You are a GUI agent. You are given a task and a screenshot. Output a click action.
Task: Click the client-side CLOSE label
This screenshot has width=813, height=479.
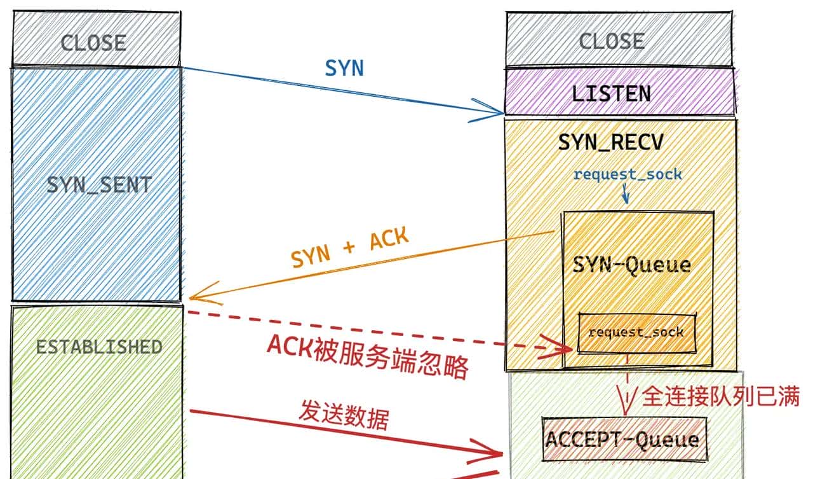click(x=93, y=43)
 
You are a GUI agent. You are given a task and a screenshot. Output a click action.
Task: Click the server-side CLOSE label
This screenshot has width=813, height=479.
click(x=611, y=42)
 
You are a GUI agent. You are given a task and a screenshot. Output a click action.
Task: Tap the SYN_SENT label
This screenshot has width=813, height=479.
click(x=99, y=186)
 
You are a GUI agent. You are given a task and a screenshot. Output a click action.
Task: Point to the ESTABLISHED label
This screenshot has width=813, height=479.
click(x=98, y=347)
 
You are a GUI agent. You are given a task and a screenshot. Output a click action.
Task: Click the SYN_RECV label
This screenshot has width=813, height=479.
click(x=610, y=143)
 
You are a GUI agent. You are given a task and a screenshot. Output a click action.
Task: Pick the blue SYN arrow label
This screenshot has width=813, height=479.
click(x=344, y=69)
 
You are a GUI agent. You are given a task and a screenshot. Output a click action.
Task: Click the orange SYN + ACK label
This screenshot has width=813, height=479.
click(x=350, y=249)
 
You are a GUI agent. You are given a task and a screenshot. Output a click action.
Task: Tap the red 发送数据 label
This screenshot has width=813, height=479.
click(x=344, y=418)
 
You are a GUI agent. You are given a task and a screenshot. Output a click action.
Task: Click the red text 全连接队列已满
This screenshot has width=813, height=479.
click(x=720, y=396)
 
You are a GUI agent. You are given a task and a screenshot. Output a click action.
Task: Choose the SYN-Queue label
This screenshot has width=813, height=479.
click(x=631, y=264)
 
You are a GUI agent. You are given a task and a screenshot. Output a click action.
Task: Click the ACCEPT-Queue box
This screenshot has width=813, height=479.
click(x=623, y=440)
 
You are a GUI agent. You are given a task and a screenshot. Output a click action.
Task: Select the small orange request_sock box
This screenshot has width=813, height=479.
click(x=636, y=332)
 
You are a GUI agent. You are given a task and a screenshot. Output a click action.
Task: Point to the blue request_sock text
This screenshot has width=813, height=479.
click(x=628, y=174)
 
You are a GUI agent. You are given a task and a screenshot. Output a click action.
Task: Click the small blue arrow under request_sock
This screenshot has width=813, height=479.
click(x=626, y=194)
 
